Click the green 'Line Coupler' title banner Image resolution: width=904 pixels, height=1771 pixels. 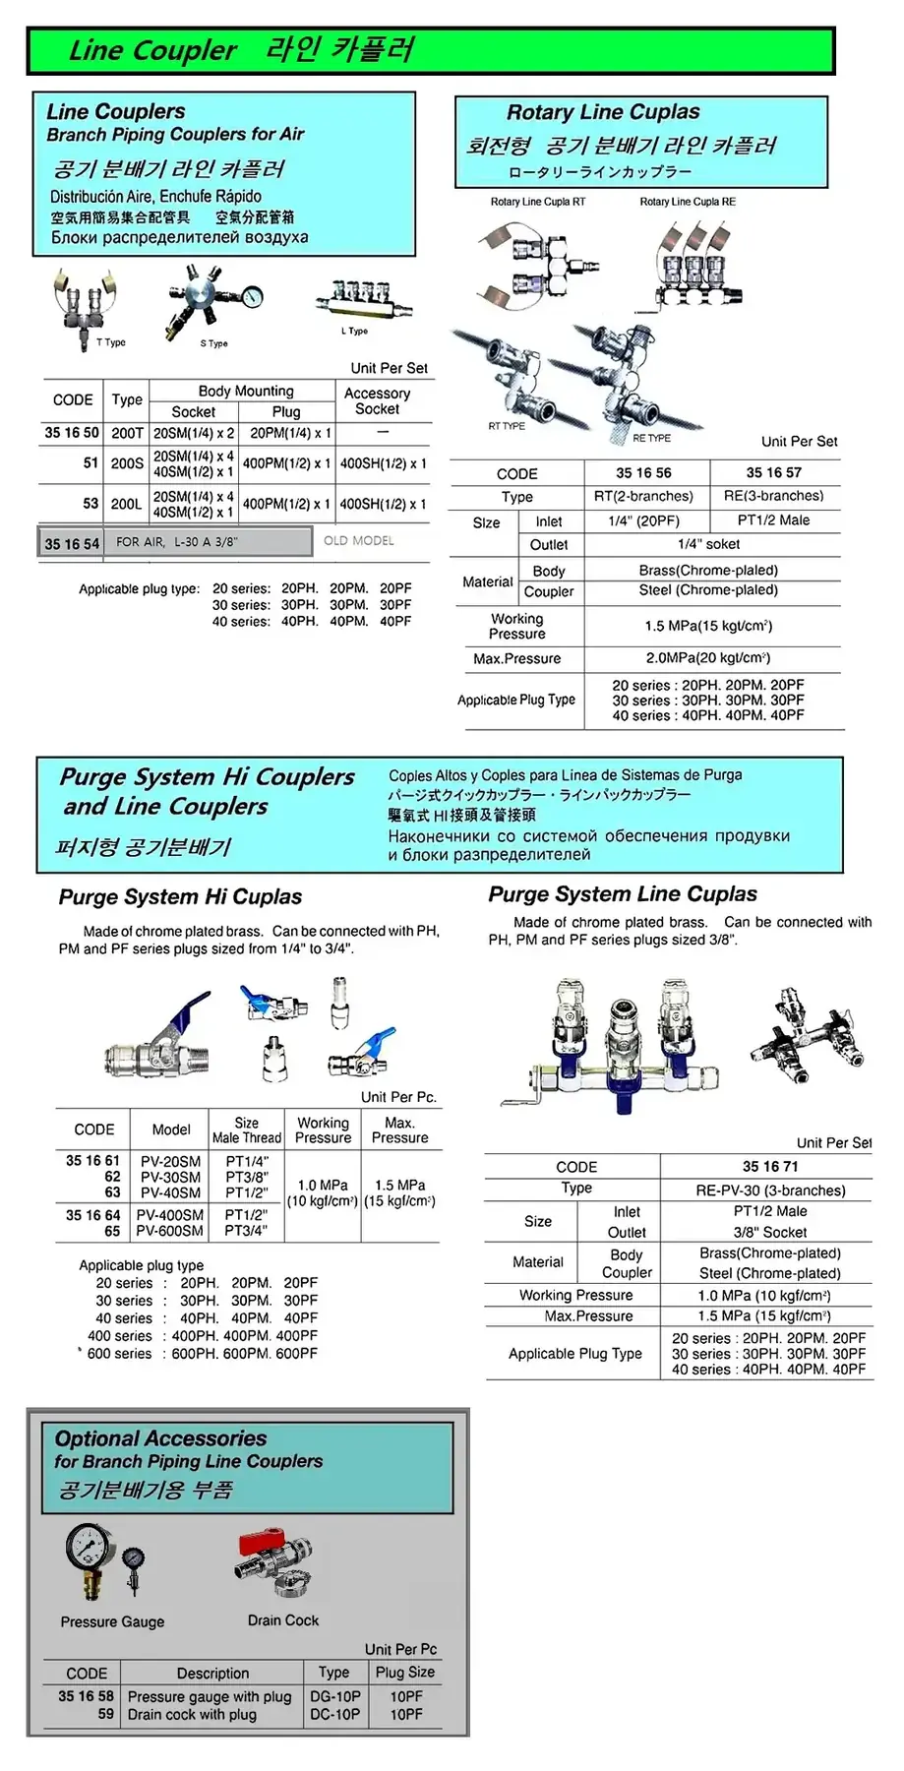[430, 51]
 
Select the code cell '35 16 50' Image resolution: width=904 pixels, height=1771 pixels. [72, 433]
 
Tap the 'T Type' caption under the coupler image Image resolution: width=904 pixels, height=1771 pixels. [111, 342]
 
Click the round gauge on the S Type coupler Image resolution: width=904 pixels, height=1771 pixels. [252, 297]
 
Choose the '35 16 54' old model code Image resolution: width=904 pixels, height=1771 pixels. [72, 543]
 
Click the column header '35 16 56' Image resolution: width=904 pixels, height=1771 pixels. [643, 473]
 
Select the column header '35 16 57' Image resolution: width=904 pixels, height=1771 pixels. [773, 473]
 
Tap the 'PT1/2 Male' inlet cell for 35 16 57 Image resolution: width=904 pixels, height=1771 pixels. [773, 520]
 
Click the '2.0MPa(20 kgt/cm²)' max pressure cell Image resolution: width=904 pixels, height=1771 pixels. [707, 658]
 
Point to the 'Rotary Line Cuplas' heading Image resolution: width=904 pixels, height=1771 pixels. [603, 112]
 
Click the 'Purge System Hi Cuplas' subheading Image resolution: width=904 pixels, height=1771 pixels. [180, 897]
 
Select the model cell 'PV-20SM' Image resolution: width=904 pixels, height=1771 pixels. [170, 1161]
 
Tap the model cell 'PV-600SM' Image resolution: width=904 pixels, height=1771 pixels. [170, 1231]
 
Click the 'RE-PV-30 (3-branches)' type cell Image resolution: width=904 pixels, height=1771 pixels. [770, 1191]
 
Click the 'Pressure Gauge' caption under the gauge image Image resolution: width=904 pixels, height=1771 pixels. [112, 1621]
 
